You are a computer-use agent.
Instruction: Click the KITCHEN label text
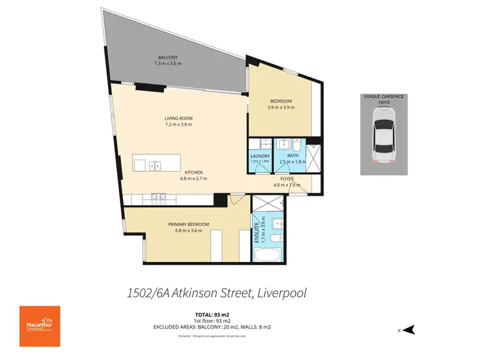(194, 172)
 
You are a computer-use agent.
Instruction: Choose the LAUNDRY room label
(260, 156)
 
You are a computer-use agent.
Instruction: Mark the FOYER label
(287, 179)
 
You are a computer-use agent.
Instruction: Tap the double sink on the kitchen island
(156, 165)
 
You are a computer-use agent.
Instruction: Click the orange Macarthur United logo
(40, 326)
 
